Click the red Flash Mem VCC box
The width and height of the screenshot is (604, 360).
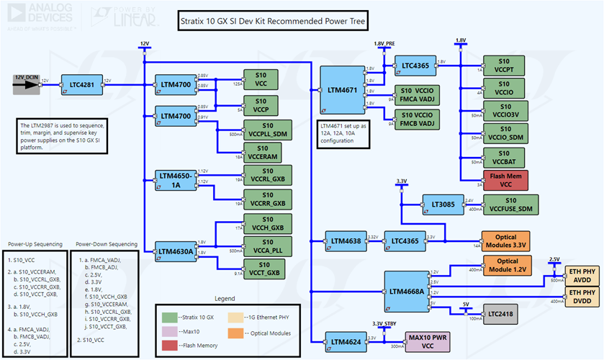point(506,180)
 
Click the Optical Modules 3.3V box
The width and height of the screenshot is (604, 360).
point(506,240)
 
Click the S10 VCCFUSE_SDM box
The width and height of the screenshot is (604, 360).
point(506,204)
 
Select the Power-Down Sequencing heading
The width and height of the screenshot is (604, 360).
point(106,243)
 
